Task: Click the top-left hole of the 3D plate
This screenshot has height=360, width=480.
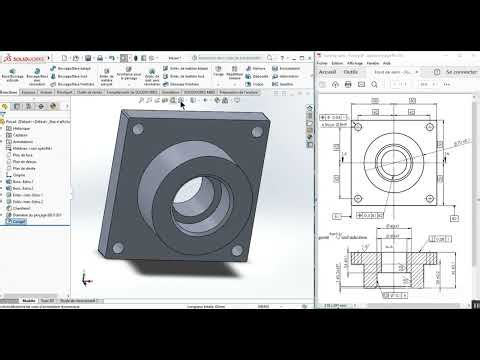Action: pyautogui.click(x=137, y=130)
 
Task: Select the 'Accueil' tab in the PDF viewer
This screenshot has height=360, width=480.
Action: pyautogui.click(x=326, y=72)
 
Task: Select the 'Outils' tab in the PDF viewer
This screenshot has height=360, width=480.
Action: pyautogui.click(x=351, y=72)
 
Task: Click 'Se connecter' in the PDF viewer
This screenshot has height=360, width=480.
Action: pyautogui.click(x=461, y=72)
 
